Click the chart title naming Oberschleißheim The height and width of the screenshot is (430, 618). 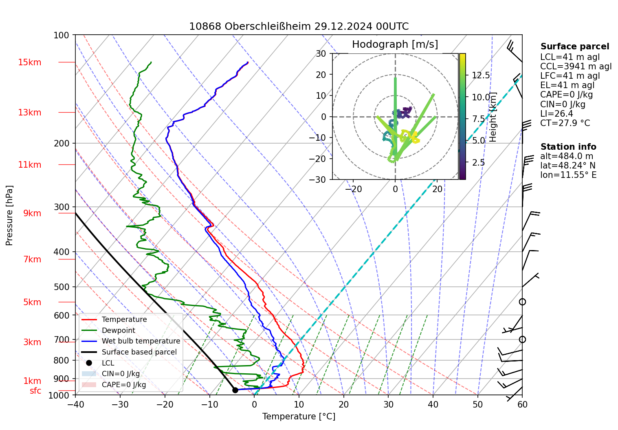[299, 27]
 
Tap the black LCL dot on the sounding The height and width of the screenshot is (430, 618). [235, 390]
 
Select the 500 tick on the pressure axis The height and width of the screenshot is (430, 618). [62, 287]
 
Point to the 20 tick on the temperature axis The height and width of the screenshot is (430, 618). [343, 404]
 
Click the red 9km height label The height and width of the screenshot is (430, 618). [32, 213]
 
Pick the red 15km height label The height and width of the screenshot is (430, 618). [29, 62]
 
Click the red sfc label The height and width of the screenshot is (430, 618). [35, 391]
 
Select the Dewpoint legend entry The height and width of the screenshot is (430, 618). [118, 330]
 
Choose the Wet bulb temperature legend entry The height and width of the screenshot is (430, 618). [141, 341]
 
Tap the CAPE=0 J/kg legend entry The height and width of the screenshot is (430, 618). [124, 385]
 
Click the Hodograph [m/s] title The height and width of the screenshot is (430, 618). [395, 44]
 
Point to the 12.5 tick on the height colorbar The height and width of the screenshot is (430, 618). [481, 75]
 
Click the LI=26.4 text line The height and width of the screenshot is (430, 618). [556, 114]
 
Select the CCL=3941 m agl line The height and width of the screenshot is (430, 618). [576, 66]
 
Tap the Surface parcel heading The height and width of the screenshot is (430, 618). [574, 47]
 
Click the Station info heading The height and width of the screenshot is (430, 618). [568, 147]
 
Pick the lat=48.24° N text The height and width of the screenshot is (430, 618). [567, 166]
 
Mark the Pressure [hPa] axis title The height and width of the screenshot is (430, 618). [9, 215]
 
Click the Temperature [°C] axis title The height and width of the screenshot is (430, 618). [299, 417]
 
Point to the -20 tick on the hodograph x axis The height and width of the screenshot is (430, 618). [353, 189]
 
